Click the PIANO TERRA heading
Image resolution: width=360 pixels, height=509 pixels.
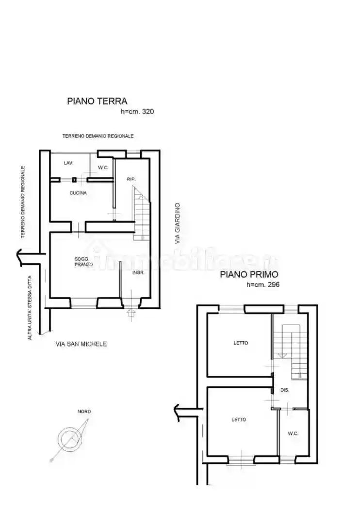[97, 101]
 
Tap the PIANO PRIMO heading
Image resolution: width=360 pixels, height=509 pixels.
[249, 274]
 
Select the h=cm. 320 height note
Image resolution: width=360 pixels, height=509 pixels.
[137, 111]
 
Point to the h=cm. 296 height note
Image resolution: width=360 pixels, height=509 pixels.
[263, 285]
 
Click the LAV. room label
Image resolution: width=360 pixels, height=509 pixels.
[68, 163]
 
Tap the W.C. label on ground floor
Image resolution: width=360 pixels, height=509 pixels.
[102, 168]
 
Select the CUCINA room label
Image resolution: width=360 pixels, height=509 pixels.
[78, 193]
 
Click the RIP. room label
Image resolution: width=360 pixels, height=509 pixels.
[131, 179]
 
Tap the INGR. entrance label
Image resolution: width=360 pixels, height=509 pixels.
[138, 272]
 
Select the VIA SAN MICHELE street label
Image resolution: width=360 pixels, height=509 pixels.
[81, 344]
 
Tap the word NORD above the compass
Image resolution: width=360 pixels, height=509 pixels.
[84, 412]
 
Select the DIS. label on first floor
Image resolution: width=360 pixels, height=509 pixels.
[285, 390]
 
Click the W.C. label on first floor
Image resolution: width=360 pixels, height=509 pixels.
[293, 433]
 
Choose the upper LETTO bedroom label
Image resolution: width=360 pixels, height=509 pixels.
[241, 343]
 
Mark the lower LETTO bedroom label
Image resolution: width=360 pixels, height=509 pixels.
[239, 420]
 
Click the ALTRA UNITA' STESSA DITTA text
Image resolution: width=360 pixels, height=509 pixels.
[30, 307]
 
